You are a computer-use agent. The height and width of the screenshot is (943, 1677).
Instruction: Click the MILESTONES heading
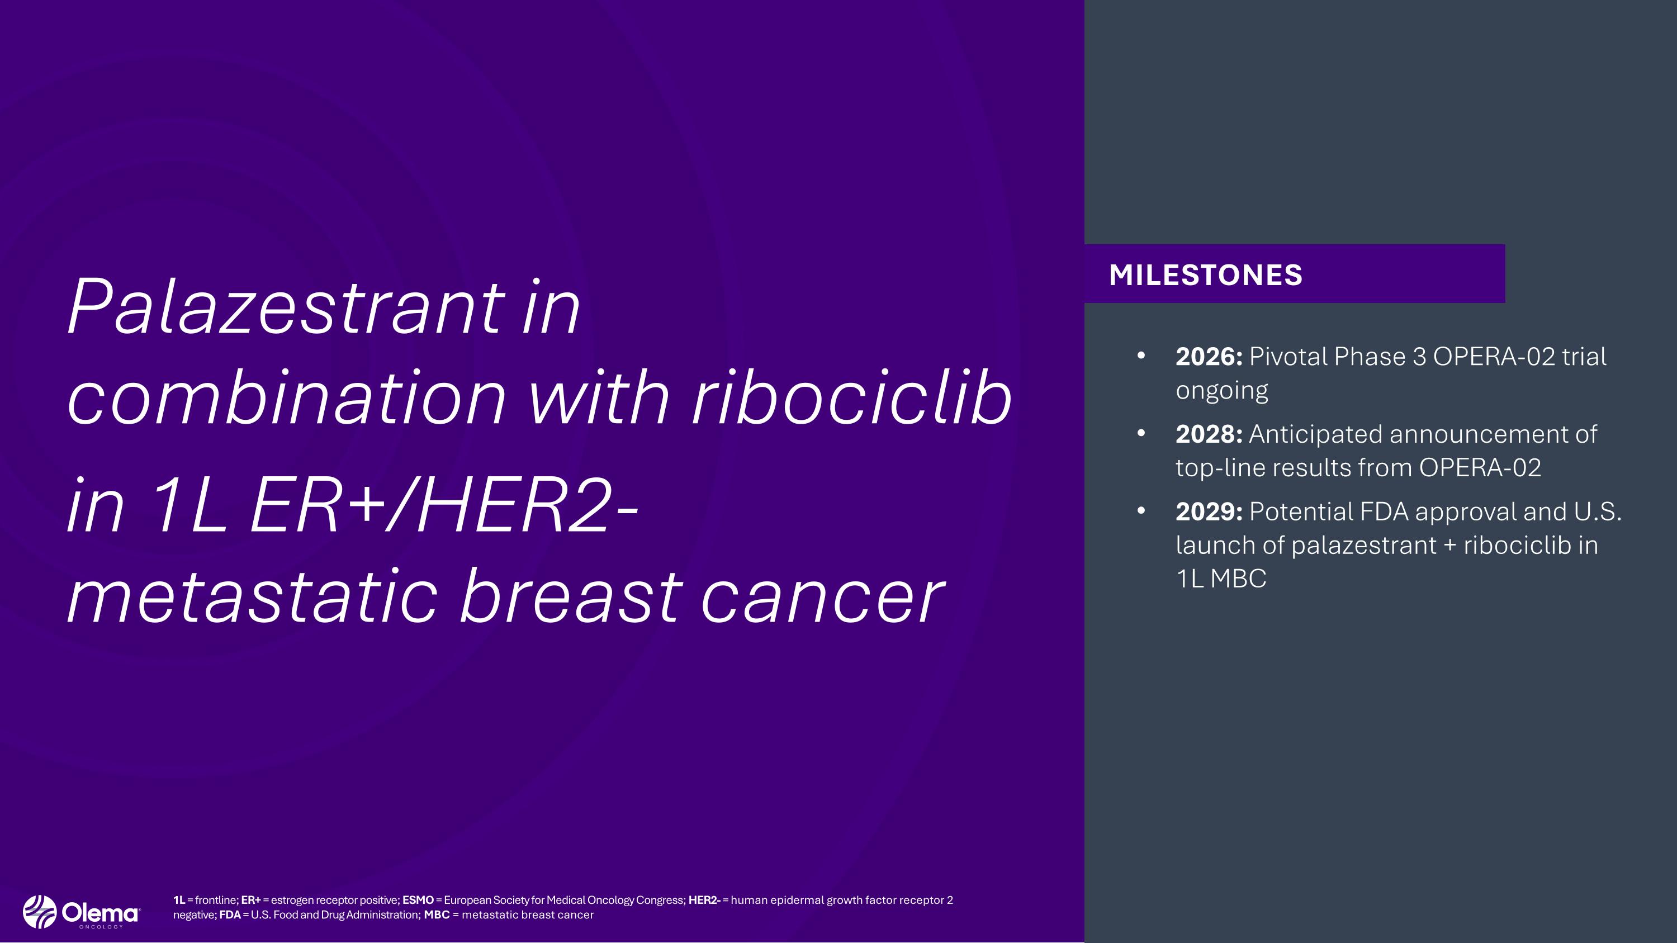coord(1205,274)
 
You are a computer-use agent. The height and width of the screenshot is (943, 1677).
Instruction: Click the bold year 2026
coord(1207,357)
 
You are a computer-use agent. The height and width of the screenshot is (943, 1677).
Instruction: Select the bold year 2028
coord(1207,434)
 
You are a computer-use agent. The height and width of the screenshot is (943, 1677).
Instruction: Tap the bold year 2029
coord(1207,511)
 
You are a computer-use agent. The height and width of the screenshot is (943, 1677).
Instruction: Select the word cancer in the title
coord(822,596)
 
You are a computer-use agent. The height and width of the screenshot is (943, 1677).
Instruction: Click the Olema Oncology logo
coord(80,912)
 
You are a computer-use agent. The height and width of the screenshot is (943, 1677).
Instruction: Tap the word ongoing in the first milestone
coord(1221,391)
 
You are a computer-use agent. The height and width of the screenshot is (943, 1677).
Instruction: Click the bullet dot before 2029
coord(1140,511)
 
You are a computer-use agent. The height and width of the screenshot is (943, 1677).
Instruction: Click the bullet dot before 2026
coord(1140,356)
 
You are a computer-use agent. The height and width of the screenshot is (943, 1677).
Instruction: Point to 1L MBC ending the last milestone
coord(1221,579)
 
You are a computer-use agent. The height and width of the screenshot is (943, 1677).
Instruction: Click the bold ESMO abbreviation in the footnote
coord(418,900)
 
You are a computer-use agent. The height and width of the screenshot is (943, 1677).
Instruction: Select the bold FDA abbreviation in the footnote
coord(230,915)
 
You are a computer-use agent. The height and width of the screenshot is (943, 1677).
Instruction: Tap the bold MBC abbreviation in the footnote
coord(437,915)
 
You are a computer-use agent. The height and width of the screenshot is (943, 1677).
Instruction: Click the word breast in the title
coord(570,596)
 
